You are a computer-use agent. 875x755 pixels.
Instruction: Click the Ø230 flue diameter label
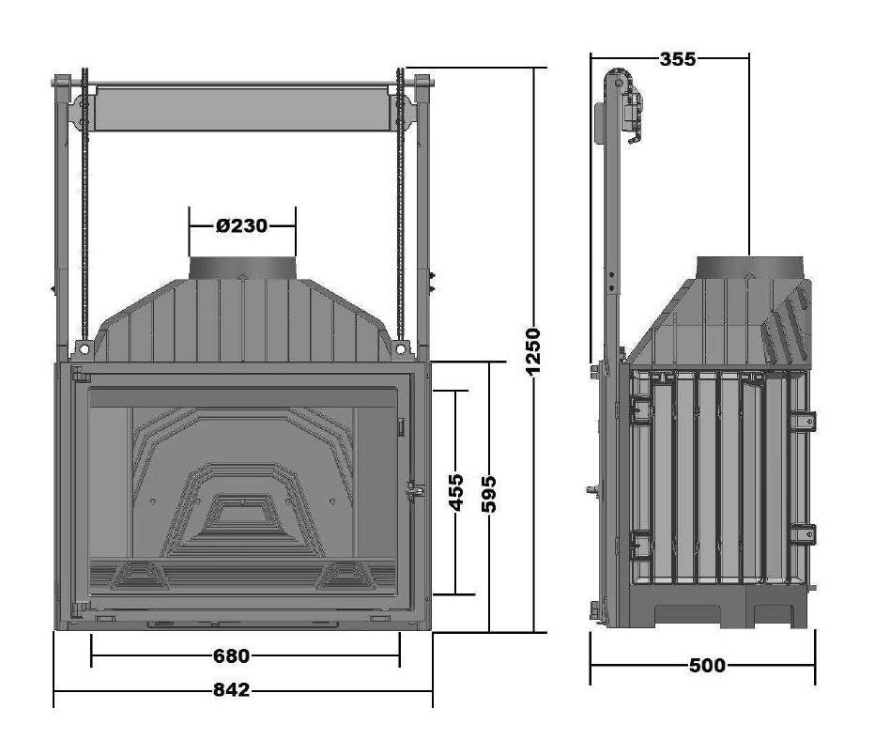coord(241,225)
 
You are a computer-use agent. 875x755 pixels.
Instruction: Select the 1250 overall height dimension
coord(534,352)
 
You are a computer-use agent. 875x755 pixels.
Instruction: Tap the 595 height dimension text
coord(489,493)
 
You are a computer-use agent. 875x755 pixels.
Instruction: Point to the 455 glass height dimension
coord(455,492)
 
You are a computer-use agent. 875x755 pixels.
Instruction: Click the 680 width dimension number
coord(231,655)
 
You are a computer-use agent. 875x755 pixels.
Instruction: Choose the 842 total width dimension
coord(231,690)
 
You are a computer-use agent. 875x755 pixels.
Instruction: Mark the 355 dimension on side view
coord(677,59)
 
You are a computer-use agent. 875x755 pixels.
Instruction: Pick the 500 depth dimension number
coord(706,666)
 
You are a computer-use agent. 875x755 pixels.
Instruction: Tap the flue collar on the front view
coord(242,268)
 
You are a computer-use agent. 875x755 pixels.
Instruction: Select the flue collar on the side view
coord(750,268)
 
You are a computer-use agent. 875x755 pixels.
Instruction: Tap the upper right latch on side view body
coord(804,420)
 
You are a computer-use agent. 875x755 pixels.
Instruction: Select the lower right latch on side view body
coord(804,532)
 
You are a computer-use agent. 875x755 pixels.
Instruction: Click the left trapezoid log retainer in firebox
coord(131,573)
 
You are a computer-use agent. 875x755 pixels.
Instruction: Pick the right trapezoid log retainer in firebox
coord(346,573)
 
